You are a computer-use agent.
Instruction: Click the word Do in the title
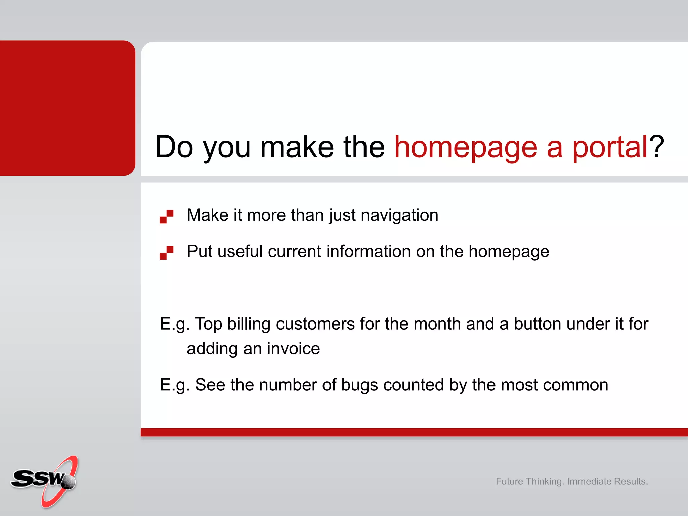[x=174, y=147]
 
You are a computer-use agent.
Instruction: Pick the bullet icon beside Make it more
[x=167, y=216]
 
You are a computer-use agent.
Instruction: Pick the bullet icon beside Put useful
[x=167, y=253]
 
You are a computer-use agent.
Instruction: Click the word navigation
[x=399, y=215]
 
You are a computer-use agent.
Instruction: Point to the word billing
[x=249, y=324]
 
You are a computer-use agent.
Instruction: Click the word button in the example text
[x=537, y=324]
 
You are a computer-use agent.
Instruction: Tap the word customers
[x=315, y=324]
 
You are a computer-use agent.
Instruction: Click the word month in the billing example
[x=437, y=324]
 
